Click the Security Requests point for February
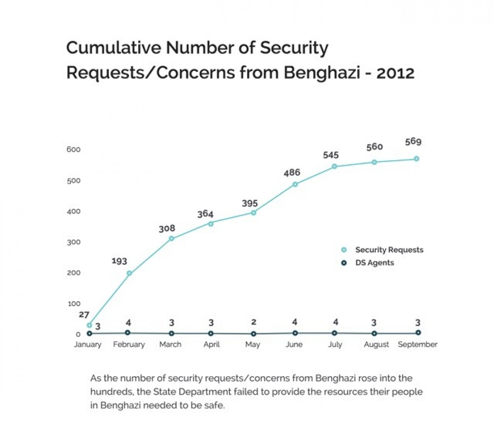129,274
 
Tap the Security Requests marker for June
295,184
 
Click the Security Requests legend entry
389,250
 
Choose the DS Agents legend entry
374,263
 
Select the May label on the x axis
253,344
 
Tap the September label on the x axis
417,344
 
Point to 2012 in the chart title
395,73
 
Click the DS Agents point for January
89,334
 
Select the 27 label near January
84,314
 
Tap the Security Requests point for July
334,166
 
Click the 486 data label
292,173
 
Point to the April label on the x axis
211,344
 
